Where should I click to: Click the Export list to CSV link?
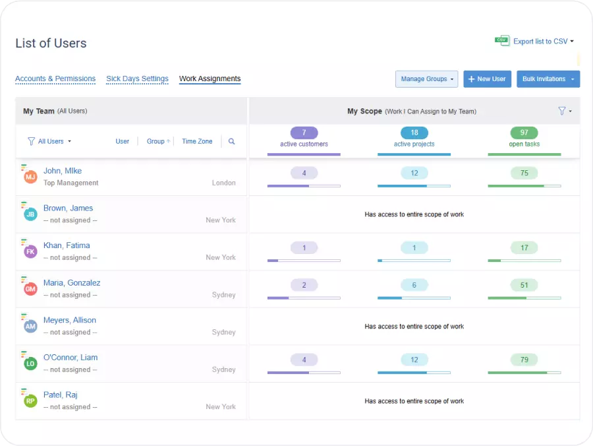click(540, 42)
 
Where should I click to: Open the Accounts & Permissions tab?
click(55, 79)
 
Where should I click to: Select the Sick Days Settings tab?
click(137, 79)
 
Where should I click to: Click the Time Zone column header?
click(197, 141)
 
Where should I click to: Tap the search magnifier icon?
click(231, 141)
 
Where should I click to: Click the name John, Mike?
click(63, 171)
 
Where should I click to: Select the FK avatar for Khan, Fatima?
click(30, 251)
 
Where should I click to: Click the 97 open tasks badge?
click(524, 133)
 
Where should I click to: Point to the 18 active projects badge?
click(414, 133)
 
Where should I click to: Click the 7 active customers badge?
click(304, 133)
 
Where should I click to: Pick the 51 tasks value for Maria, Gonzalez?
click(524, 285)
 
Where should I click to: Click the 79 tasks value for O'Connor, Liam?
click(524, 360)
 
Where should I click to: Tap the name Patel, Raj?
click(61, 395)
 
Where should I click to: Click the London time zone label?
click(223, 183)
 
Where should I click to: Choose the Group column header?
click(156, 141)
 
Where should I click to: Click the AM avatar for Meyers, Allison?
click(30, 326)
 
